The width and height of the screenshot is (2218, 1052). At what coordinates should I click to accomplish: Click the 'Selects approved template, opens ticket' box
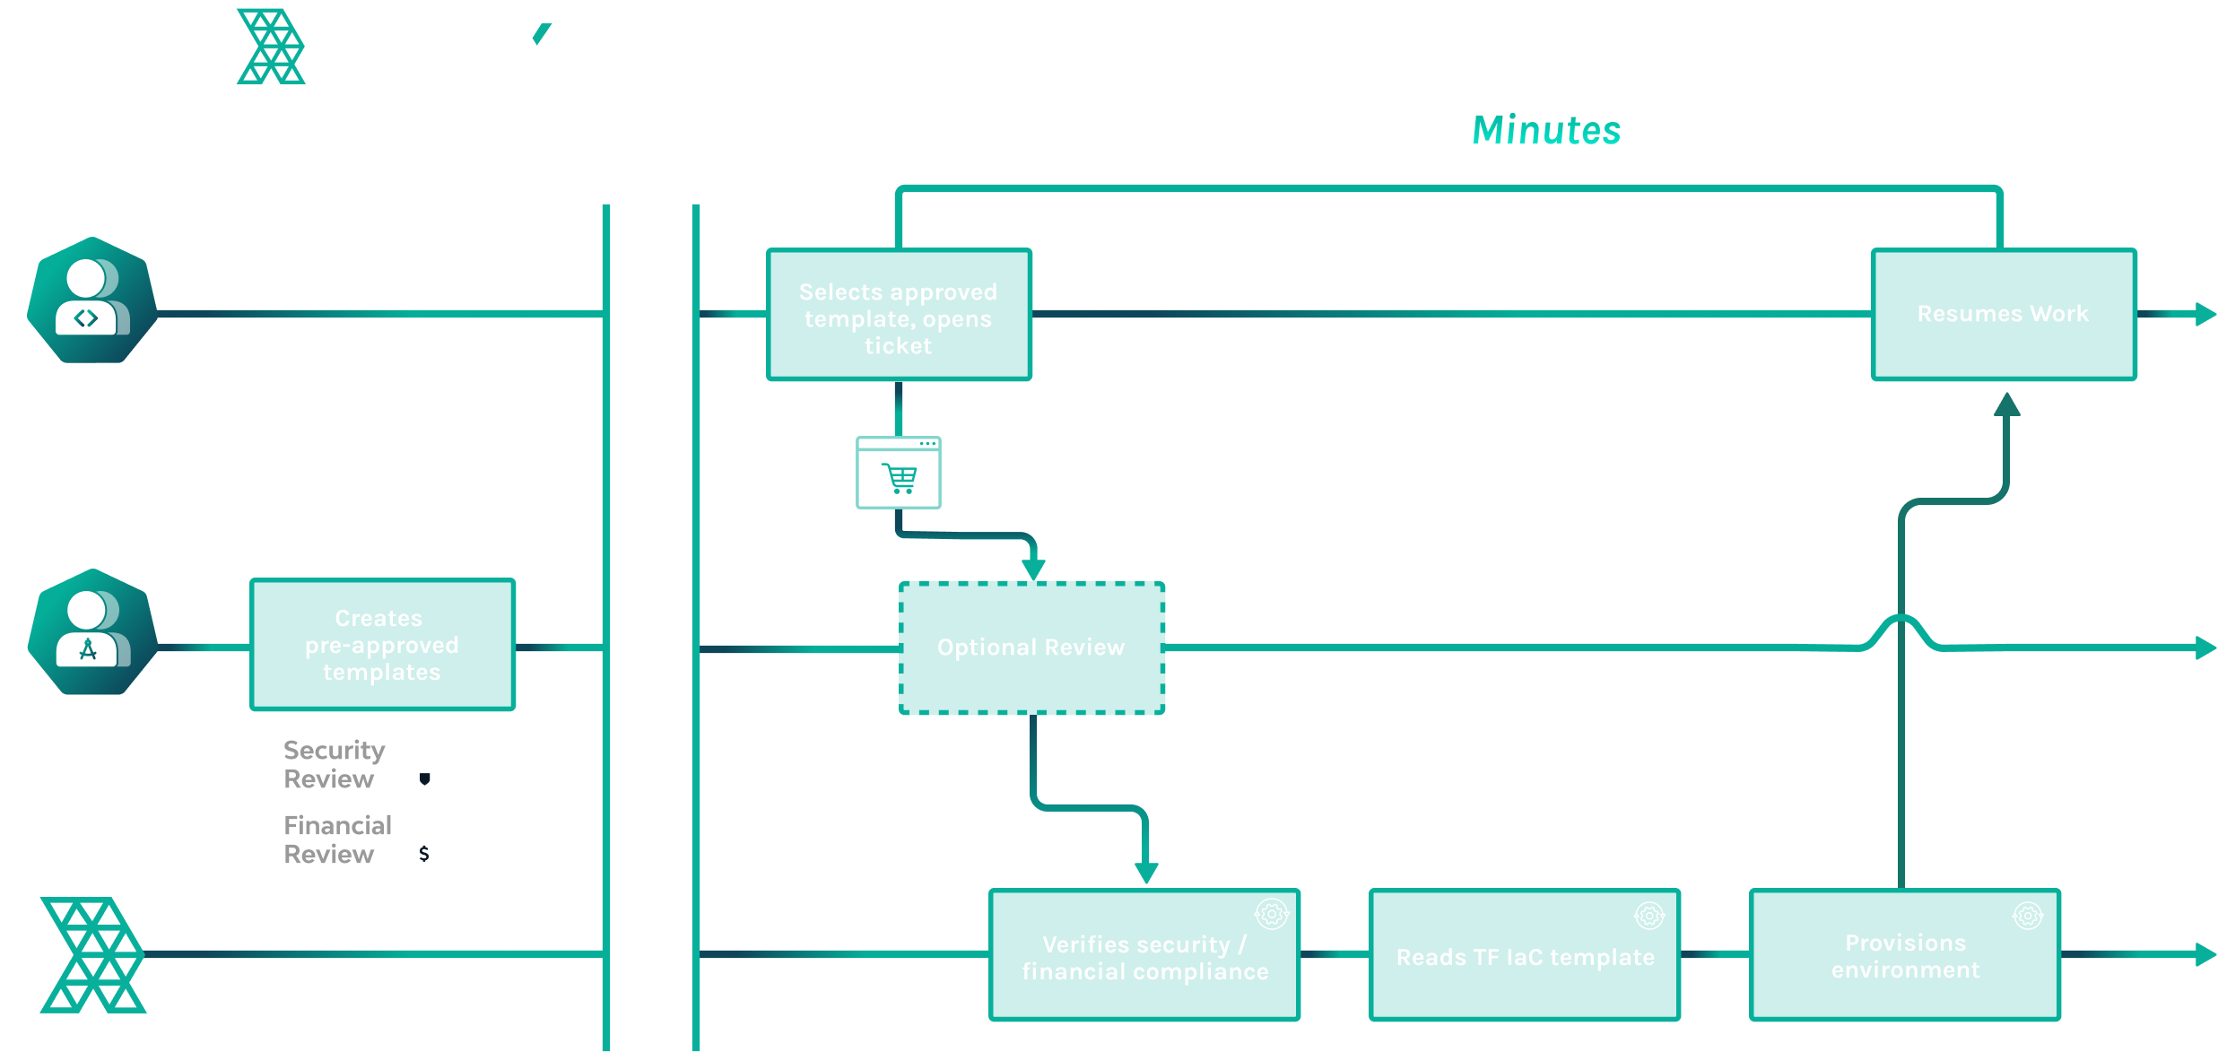click(899, 315)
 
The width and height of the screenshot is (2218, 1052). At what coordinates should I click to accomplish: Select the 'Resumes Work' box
click(2004, 315)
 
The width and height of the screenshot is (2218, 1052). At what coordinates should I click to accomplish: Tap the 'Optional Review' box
click(1031, 648)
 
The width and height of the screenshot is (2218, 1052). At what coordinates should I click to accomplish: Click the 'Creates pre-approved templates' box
click(382, 645)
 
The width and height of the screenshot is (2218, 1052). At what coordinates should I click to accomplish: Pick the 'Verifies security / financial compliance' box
click(1144, 955)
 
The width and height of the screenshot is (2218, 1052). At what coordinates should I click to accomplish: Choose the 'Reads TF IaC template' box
click(1525, 955)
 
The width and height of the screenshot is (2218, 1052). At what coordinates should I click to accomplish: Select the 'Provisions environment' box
click(1905, 955)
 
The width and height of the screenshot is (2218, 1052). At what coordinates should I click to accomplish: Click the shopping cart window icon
click(899, 473)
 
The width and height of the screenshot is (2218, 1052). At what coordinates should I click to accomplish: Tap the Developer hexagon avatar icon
click(91, 300)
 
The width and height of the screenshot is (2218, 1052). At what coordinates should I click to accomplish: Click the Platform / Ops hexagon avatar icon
click(91, 632)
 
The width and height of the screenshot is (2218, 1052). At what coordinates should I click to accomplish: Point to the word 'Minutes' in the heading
click(1546, 131)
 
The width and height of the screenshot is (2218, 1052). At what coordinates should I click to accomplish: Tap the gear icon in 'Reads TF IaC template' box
click(1648, 916)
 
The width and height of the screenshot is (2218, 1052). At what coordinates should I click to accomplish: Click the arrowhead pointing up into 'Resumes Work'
click(2007, 404)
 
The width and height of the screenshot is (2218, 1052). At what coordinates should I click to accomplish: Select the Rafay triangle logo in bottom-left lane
click(93, 955)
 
